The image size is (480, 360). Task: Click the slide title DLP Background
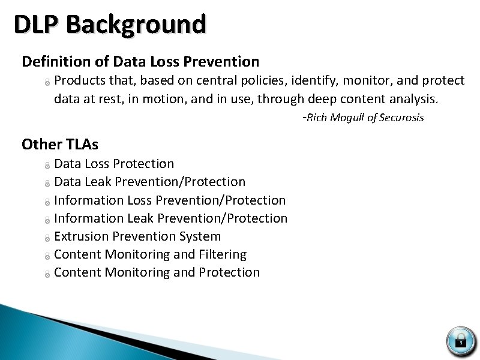pos(110,25)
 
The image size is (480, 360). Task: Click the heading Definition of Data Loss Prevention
pos(140,61)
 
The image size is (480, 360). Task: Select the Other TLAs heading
pos(60,144)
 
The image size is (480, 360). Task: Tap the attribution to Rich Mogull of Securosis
pos(364,118)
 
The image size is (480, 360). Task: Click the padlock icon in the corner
pos(460,340)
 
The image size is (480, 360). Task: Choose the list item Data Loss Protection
pos(114,164)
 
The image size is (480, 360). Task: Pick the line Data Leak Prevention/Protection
pos(149,182)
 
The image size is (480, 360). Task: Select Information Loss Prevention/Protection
pos(170,200)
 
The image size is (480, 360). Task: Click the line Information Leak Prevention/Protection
pos(170,218)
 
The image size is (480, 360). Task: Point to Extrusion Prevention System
pos(137,236)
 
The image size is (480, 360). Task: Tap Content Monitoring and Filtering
pos(150,254)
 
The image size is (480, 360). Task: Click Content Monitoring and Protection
pos(157,272)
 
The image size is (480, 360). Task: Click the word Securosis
pos(401,118)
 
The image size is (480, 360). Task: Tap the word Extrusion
pos(79,236)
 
